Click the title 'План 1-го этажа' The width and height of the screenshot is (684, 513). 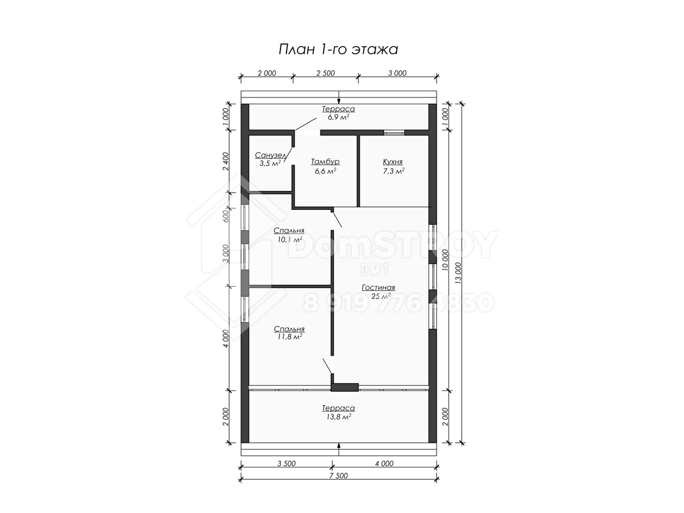[x=338, y=50]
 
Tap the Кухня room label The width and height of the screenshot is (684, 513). [x=393, y=162]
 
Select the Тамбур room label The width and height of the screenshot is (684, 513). [x=325, y=162]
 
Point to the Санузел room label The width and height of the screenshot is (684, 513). [x=271, y=155]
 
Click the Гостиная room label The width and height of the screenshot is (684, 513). [x=378, y=287]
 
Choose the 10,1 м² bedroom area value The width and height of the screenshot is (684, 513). [x=290, y=239]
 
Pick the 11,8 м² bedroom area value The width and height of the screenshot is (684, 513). [x=290, y=337]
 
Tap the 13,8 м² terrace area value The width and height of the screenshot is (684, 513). [x=339, y=417]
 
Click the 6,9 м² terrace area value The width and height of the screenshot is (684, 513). [x=338, y=117]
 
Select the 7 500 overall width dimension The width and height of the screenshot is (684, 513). [x=339, y=475]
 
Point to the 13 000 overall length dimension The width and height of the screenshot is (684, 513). [x=458, y=273]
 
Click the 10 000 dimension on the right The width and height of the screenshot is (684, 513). [x=445, y=260]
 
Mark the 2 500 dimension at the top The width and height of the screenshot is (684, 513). [x=325, y=73]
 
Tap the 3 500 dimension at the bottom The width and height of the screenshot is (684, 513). [x=286, y=463]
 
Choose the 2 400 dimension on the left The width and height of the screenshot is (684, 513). [x=226, y=161]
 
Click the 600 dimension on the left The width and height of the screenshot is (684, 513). [x=226, y=216]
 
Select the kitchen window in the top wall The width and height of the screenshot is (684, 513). [x=394, y=133]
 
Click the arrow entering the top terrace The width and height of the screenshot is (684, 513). [x=339, y=97]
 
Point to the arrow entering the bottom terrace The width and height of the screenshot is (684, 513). [x=339, y=449]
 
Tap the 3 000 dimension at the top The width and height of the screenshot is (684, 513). [x=397, y=73]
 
